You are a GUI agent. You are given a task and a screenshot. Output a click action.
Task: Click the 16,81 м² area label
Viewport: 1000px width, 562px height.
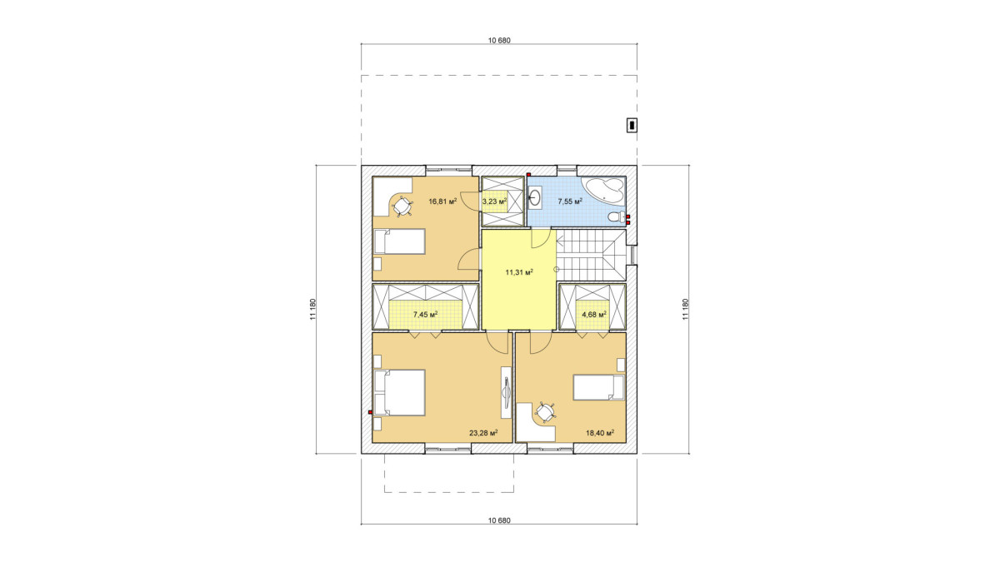(x=130, y=201)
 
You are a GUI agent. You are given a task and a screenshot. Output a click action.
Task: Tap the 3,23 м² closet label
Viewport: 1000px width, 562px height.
(x=495, y=201)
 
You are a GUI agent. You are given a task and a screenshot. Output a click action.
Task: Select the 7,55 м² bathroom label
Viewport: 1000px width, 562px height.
(x=570, y=201)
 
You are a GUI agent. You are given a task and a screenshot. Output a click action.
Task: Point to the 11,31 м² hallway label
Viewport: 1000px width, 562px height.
(x=519, y=272)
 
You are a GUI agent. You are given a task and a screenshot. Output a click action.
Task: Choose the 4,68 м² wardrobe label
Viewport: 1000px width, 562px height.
(x=593, y=315)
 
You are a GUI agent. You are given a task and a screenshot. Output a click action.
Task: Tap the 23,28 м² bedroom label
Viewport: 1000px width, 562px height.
(x=483, y=433)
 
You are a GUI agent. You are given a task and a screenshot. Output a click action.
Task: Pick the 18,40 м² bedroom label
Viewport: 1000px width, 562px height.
(x=600, y=433)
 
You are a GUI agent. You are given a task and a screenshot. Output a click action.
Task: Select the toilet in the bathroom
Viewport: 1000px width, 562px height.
(x=617, y=217)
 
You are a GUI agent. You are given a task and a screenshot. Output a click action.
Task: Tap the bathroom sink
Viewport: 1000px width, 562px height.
(x=535, y=198)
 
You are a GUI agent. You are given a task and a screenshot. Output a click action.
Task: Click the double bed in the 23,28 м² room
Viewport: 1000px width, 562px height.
(x=399, y=392)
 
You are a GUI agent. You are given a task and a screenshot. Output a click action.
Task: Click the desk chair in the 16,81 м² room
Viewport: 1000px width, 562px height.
(x=90, y=206)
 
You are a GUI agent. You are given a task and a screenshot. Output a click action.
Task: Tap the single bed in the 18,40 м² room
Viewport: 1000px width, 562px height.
(x=598, y=387)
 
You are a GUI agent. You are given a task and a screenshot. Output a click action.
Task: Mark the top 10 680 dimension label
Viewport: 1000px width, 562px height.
(x=499, y=41)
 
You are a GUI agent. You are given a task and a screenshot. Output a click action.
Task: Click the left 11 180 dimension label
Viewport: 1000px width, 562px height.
(x=312, y=309)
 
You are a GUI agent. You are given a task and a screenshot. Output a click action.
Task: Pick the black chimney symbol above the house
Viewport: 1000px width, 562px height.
(x=632, y=126)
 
